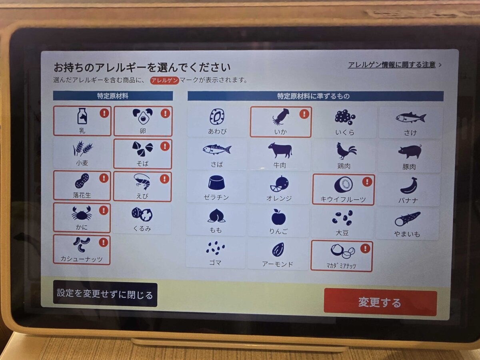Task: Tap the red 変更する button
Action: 380,302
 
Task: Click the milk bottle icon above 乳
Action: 82,116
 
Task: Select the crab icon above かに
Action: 82,213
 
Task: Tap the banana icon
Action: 409,186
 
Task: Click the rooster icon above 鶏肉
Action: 346,151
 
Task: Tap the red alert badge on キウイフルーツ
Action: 367,182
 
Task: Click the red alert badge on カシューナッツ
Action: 104,242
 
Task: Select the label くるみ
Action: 142,229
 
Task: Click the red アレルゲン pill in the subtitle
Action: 165,80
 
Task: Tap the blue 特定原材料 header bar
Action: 113,96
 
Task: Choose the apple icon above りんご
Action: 278,217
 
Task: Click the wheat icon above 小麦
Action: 82,148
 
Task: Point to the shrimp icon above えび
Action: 142,182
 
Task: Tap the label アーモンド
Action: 278,264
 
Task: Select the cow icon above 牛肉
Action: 280,150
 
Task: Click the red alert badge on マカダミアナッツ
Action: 365,248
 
